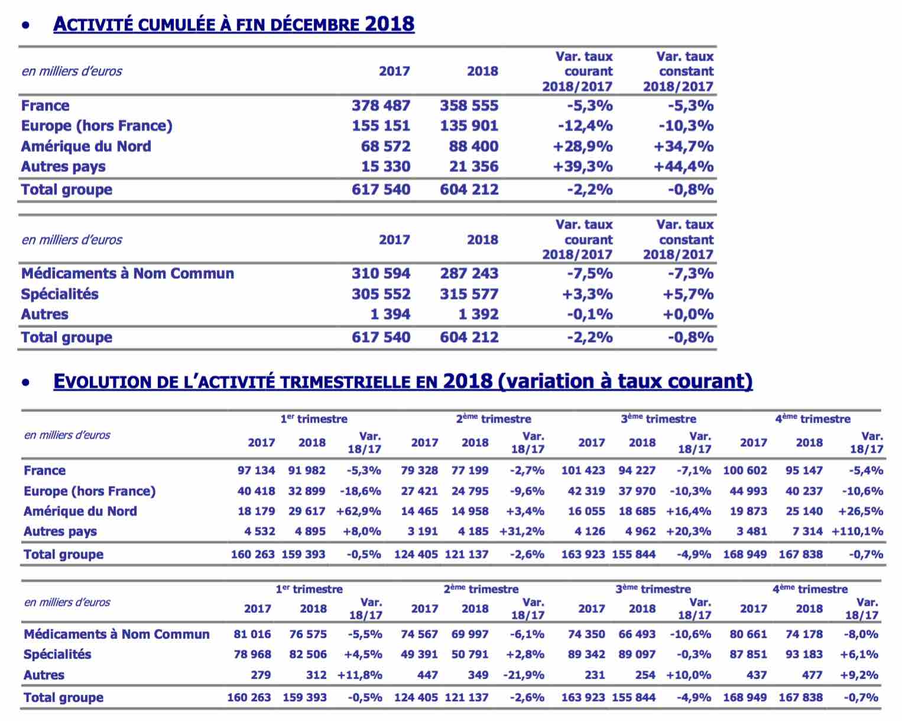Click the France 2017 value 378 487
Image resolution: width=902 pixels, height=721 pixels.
click(381, 106)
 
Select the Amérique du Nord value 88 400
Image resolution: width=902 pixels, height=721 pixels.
click(473, 147)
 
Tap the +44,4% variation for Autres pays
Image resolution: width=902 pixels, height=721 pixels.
click(684, 167)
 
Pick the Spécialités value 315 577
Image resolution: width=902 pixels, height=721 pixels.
click(469, 294)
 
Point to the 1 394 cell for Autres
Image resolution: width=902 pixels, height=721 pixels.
click(390, 314)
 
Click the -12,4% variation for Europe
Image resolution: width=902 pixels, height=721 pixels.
click(585, 126)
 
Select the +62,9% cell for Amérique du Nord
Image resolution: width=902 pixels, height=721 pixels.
click(358, 511)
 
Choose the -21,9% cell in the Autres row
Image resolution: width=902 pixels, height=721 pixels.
click(524, 675)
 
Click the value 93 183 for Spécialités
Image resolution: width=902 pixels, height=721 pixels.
click(804, 654)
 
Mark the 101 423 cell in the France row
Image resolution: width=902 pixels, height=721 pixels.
click(583, 470)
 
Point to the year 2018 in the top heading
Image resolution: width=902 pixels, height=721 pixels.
click(390, 24)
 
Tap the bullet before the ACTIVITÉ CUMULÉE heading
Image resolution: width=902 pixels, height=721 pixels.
click(26, 25)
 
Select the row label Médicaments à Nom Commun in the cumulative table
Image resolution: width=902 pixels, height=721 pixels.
click(128, 273)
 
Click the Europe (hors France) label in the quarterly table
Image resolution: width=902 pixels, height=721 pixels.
click(90, 491)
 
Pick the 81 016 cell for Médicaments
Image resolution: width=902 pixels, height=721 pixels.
click(252, 634)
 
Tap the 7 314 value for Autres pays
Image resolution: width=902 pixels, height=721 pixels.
click(807, 531)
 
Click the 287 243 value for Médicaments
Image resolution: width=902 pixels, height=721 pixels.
click(469, 273)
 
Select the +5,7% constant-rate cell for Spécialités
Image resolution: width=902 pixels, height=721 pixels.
click(688, 294)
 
